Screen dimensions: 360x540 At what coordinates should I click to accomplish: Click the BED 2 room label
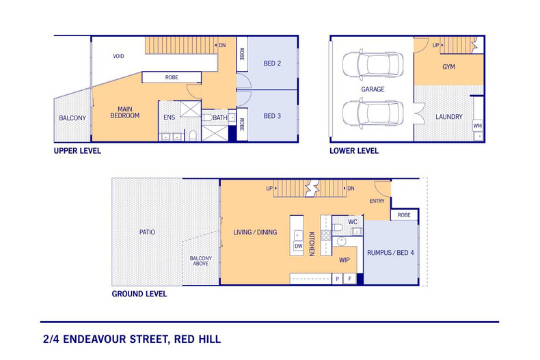click(x=273, y=64)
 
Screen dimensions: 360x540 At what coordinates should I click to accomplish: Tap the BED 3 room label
click(x=273, y=116)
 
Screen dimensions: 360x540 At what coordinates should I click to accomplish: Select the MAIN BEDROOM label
click(x=124, y=113)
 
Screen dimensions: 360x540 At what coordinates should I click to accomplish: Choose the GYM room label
click(x=448, y=68)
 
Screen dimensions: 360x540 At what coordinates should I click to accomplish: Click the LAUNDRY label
click(x=449, y=117)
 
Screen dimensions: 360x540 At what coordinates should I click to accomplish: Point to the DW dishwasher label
click(x=298, y=246)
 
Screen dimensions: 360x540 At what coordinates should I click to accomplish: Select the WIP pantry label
click(x=346, y=260)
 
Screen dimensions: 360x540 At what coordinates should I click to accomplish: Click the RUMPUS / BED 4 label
click(x=390, y=253)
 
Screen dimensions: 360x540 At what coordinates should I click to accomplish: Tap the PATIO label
click(x=147, y=232)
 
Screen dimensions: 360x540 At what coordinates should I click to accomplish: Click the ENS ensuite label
click(x=170, y=117)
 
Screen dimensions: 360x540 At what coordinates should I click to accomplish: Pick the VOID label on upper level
click(x=119, y=56)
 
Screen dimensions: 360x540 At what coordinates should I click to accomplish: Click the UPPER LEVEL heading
click(x=77, y=151)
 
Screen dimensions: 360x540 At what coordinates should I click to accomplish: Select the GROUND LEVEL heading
click(x=139, y=294)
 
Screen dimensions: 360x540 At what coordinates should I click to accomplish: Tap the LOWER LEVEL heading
click(x=354, y=151)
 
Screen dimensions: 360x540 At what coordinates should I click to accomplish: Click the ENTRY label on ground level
click(x=377, y=201)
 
